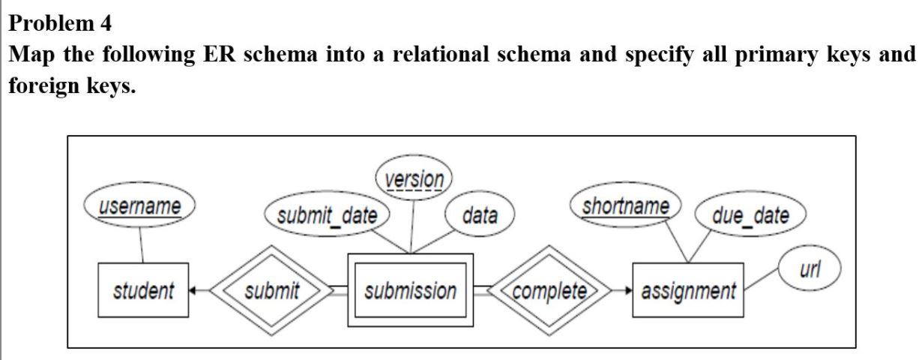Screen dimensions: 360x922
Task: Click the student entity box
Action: point(142,290)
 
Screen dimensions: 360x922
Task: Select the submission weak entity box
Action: point(411,290)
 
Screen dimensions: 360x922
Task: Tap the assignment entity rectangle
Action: point(687,290)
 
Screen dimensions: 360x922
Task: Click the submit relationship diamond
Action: point(271,290)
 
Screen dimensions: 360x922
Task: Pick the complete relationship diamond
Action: point(549,290)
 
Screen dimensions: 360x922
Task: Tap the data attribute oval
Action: point(480,217)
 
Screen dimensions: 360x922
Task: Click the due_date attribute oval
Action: point(750,217)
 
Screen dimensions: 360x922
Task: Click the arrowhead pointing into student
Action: point(193,290)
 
